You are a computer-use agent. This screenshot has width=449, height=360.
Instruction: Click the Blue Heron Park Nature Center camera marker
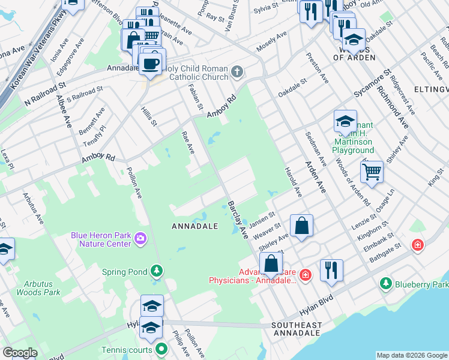tap(140, 239)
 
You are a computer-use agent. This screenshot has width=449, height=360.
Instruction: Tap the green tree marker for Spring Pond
tap(157, 271)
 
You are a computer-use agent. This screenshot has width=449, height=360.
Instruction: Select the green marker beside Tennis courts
tap(161, 349)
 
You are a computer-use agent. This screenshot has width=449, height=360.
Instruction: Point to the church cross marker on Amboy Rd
tap(238, 73)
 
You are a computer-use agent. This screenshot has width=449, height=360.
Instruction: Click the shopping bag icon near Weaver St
tap(301, 226)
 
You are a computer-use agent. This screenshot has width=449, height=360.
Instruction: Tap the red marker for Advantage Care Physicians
tap(306, 275)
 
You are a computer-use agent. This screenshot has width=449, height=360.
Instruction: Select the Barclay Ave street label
tap(238, 220)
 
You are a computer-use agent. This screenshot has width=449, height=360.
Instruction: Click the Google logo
tap(19, 353)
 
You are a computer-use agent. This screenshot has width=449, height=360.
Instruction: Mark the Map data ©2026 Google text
tap(412, 355)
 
